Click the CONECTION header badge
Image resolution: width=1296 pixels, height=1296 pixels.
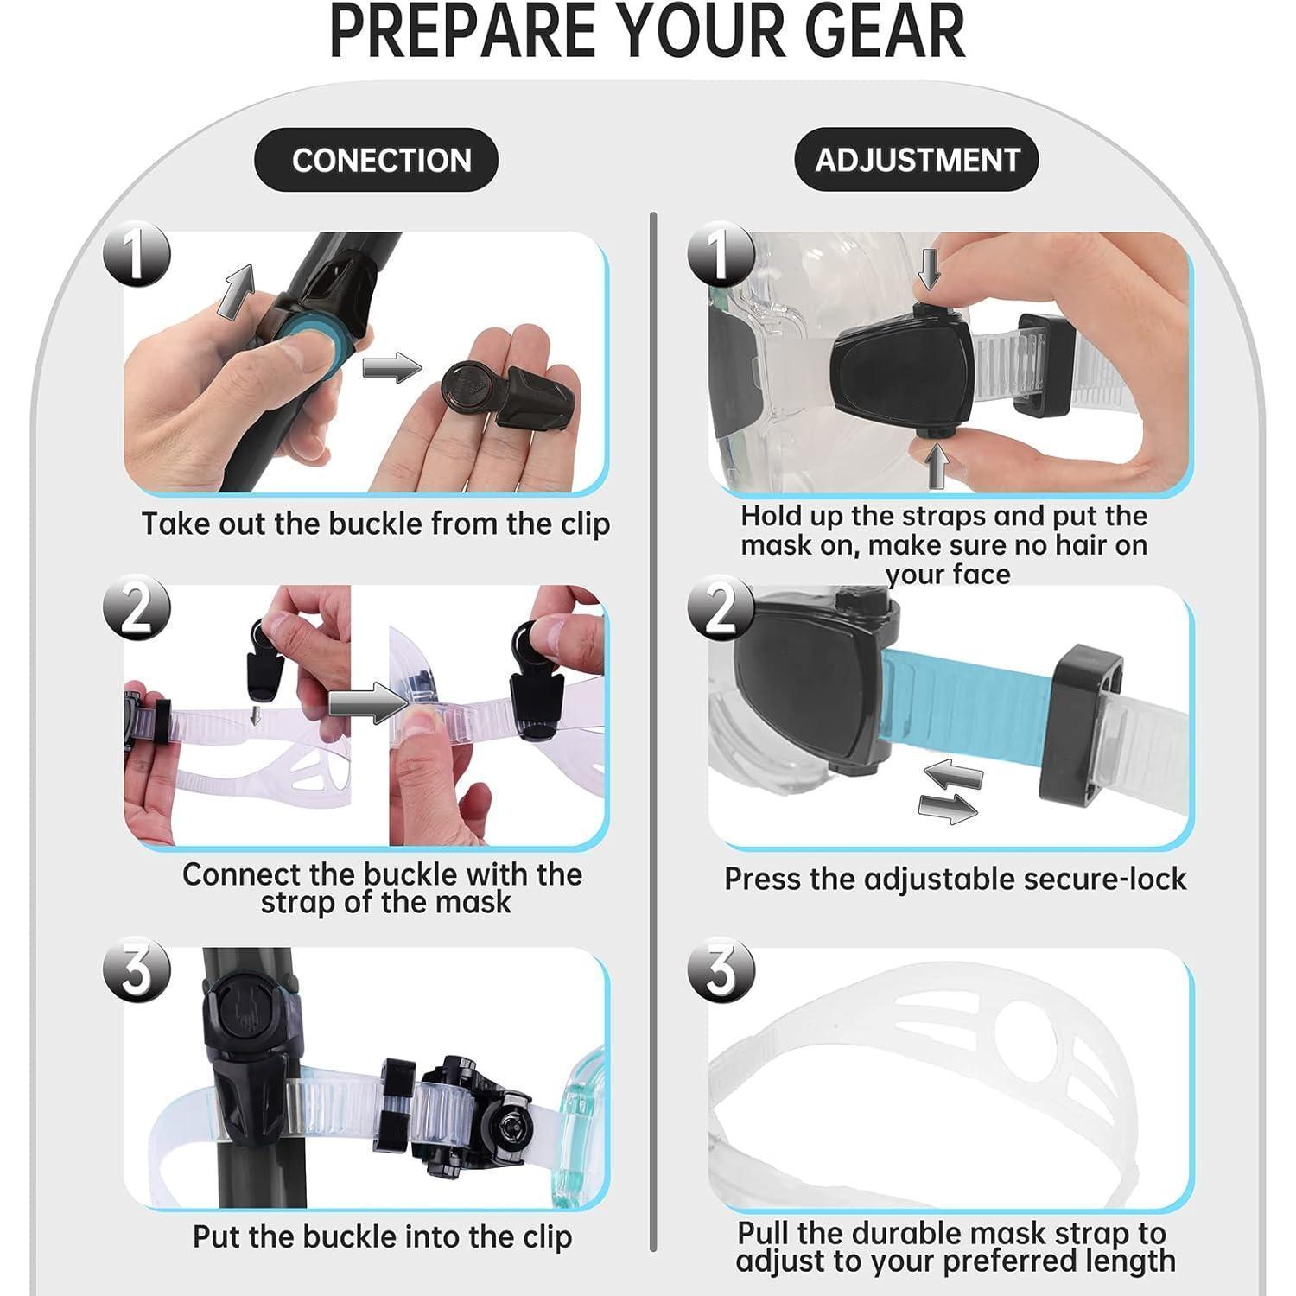pyautogui.click(x=376, y=160)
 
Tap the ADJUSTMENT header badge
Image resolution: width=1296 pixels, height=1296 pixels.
pyautogui.click(x=917, y=160)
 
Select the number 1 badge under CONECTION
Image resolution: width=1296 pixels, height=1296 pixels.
pyautogui.click(x=137, y=256)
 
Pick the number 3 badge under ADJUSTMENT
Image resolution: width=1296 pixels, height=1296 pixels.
pyautogui.click(x=721, y=969)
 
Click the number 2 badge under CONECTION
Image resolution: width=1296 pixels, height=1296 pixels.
pyautogui.click(x=137, y=607)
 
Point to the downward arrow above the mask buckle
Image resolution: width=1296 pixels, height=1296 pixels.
pyautogui.click(x=930, y=269)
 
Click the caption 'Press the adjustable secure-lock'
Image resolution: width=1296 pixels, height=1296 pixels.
pyautogui.click(x=955, y=879)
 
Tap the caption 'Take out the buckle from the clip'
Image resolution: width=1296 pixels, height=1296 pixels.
pyautogui.click(x=376, y=524)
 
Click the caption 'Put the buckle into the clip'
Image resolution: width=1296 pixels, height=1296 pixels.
pyautogui.click(x=382, y=1236)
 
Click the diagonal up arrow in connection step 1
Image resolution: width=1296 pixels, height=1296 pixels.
pyautogui.click(x=235, y=290)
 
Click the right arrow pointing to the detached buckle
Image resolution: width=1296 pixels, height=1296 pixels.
pyautogui.click(x=391, y=368)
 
